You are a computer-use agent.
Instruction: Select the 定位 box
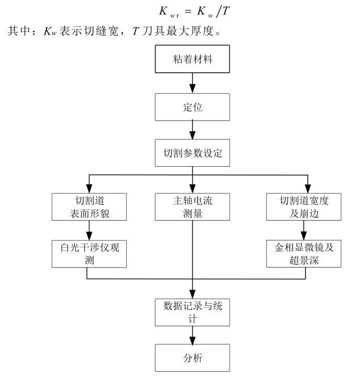[x=192, y=107]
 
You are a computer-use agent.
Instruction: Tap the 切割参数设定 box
[x=192, y=154]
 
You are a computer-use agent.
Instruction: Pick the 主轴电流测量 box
[x=192, y=206]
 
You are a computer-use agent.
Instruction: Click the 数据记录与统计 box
[x=192, y=310]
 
